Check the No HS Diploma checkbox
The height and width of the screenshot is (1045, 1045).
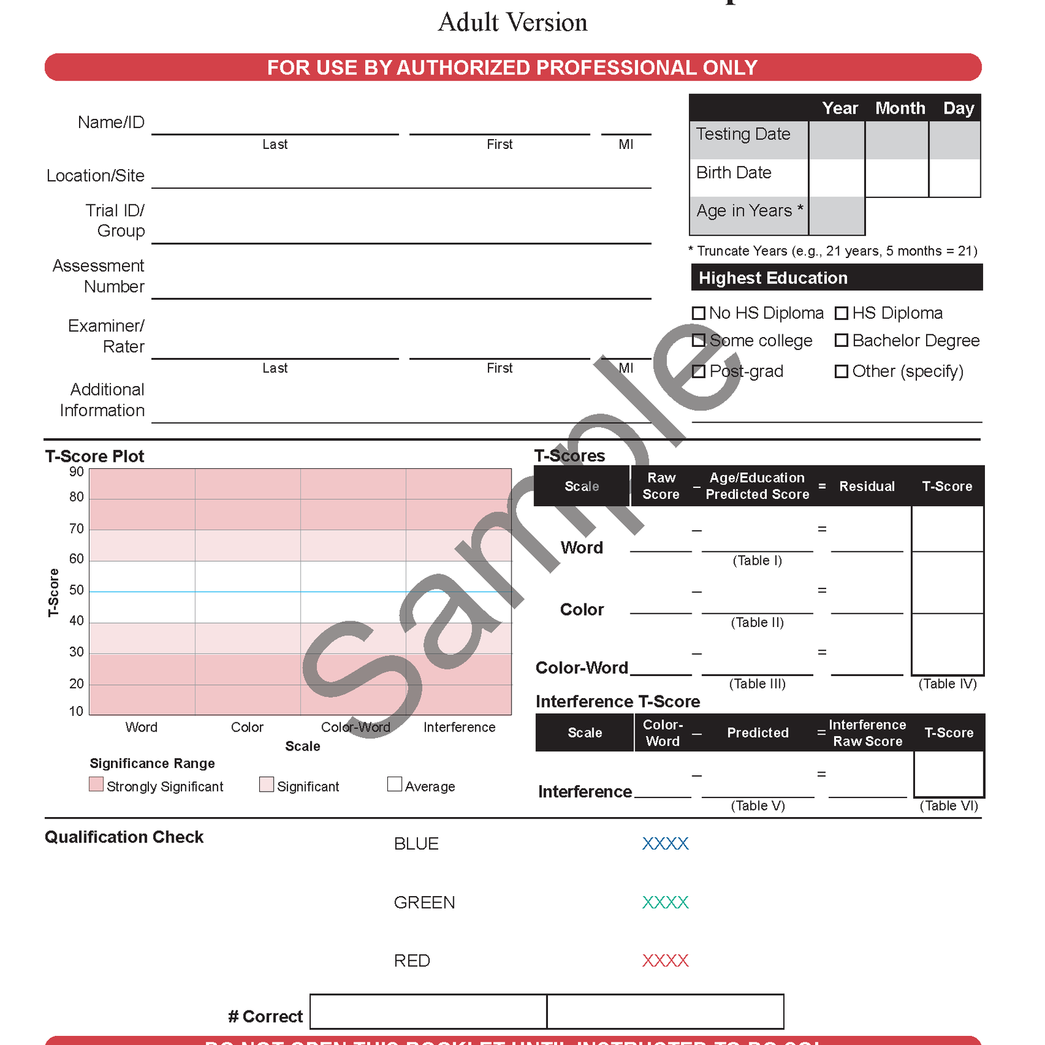tap(698, 313)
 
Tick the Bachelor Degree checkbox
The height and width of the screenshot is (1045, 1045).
tap(841, 340)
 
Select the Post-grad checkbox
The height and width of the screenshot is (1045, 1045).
tap(698, 372)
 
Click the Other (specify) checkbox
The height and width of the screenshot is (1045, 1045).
tap(841, 372)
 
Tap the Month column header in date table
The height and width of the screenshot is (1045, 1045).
tap(900, 108)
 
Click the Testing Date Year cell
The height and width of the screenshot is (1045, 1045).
tap(837, 140)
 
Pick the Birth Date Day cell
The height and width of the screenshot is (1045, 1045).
tap(954, 178)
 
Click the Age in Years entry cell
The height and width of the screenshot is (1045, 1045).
tap(837, 216)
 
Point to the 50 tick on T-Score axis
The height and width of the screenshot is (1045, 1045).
tap(76, 590)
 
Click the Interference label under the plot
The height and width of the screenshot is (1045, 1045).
tap(459, 727)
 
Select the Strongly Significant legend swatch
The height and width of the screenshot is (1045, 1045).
tap(96, 784)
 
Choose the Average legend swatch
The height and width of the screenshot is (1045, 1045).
tap(394, 784)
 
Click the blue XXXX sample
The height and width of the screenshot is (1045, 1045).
tap(665, 844)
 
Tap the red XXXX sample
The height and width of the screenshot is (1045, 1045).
tap(665, 961)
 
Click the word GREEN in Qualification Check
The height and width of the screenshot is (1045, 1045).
tap(424, 903)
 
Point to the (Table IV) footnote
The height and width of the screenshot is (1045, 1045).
tap(947, 684)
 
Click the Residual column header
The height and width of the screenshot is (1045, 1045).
tap(867, 487)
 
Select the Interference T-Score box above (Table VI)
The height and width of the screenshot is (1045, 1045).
tap(948, 774)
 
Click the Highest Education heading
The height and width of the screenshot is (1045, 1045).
tap(773, 278)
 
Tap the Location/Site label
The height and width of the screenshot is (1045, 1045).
tap(95, 176)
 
